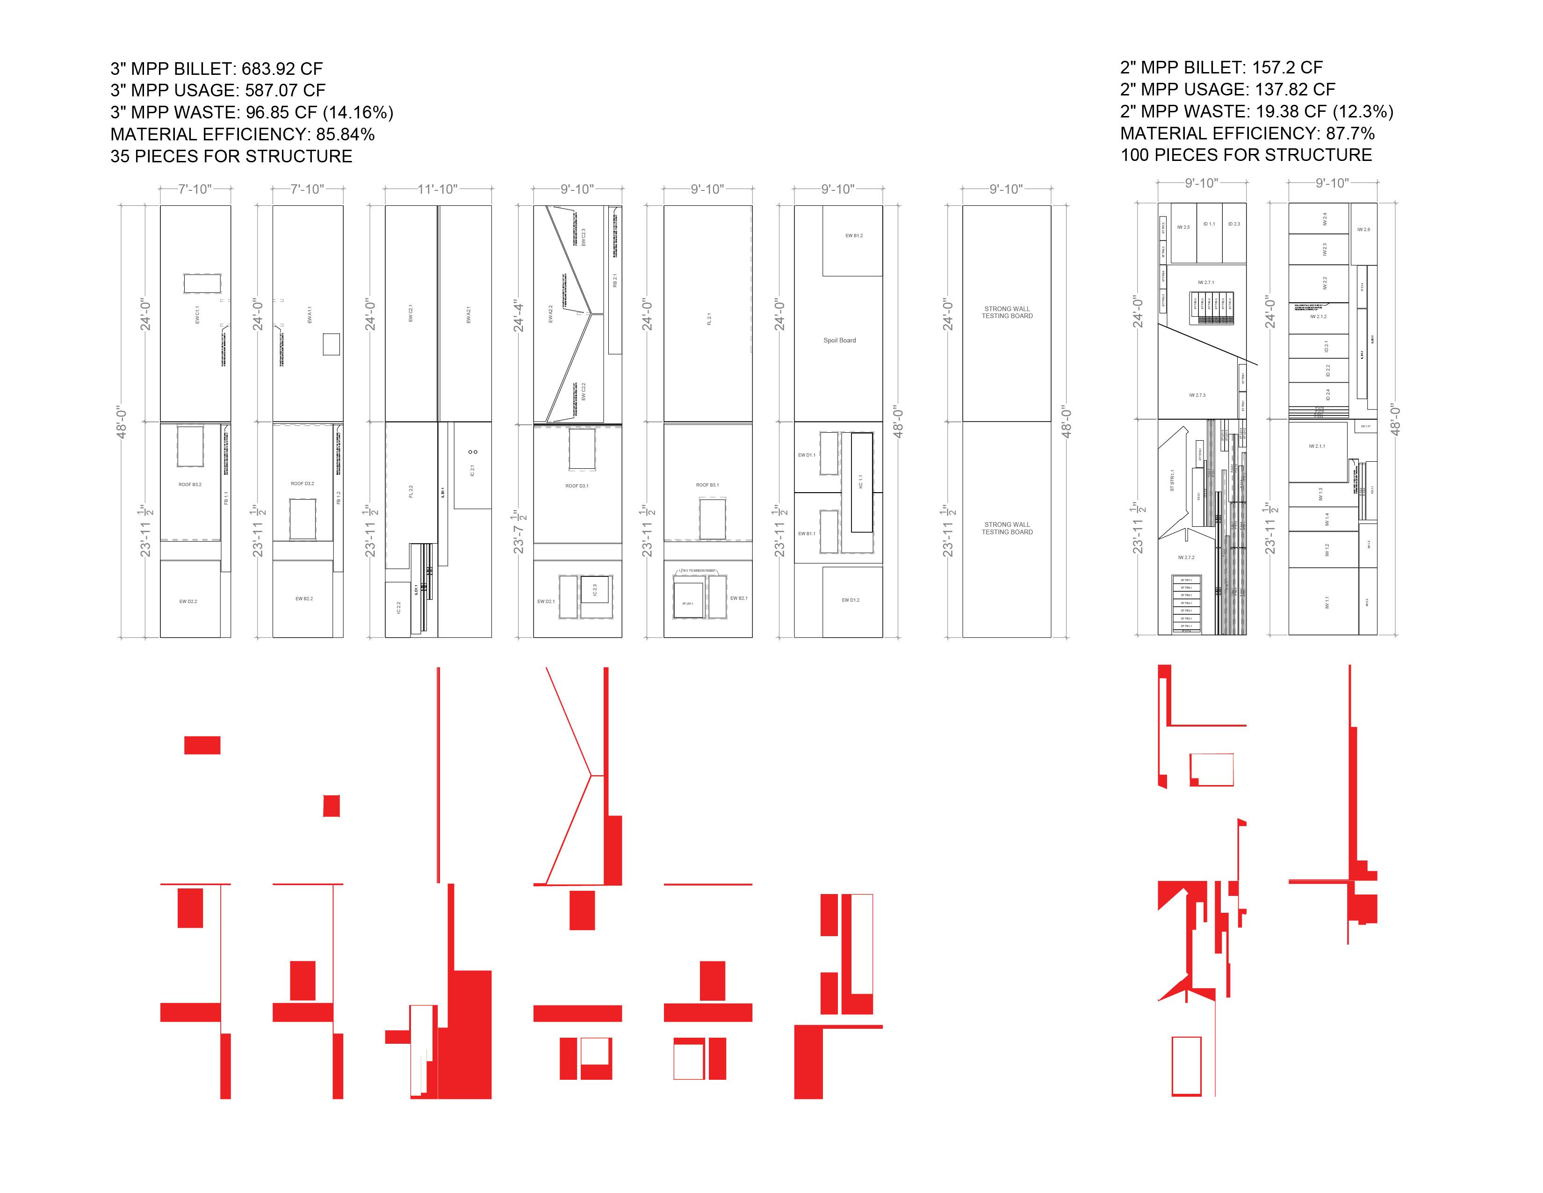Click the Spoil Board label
839,341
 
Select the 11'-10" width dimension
437,189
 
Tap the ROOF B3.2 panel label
190,485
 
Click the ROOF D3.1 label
577,486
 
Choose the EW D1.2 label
851,600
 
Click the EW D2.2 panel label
188,602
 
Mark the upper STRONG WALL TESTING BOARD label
1007,313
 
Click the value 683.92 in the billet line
269,69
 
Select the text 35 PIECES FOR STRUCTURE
231,156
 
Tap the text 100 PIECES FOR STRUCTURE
1246,155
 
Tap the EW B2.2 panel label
304,599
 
